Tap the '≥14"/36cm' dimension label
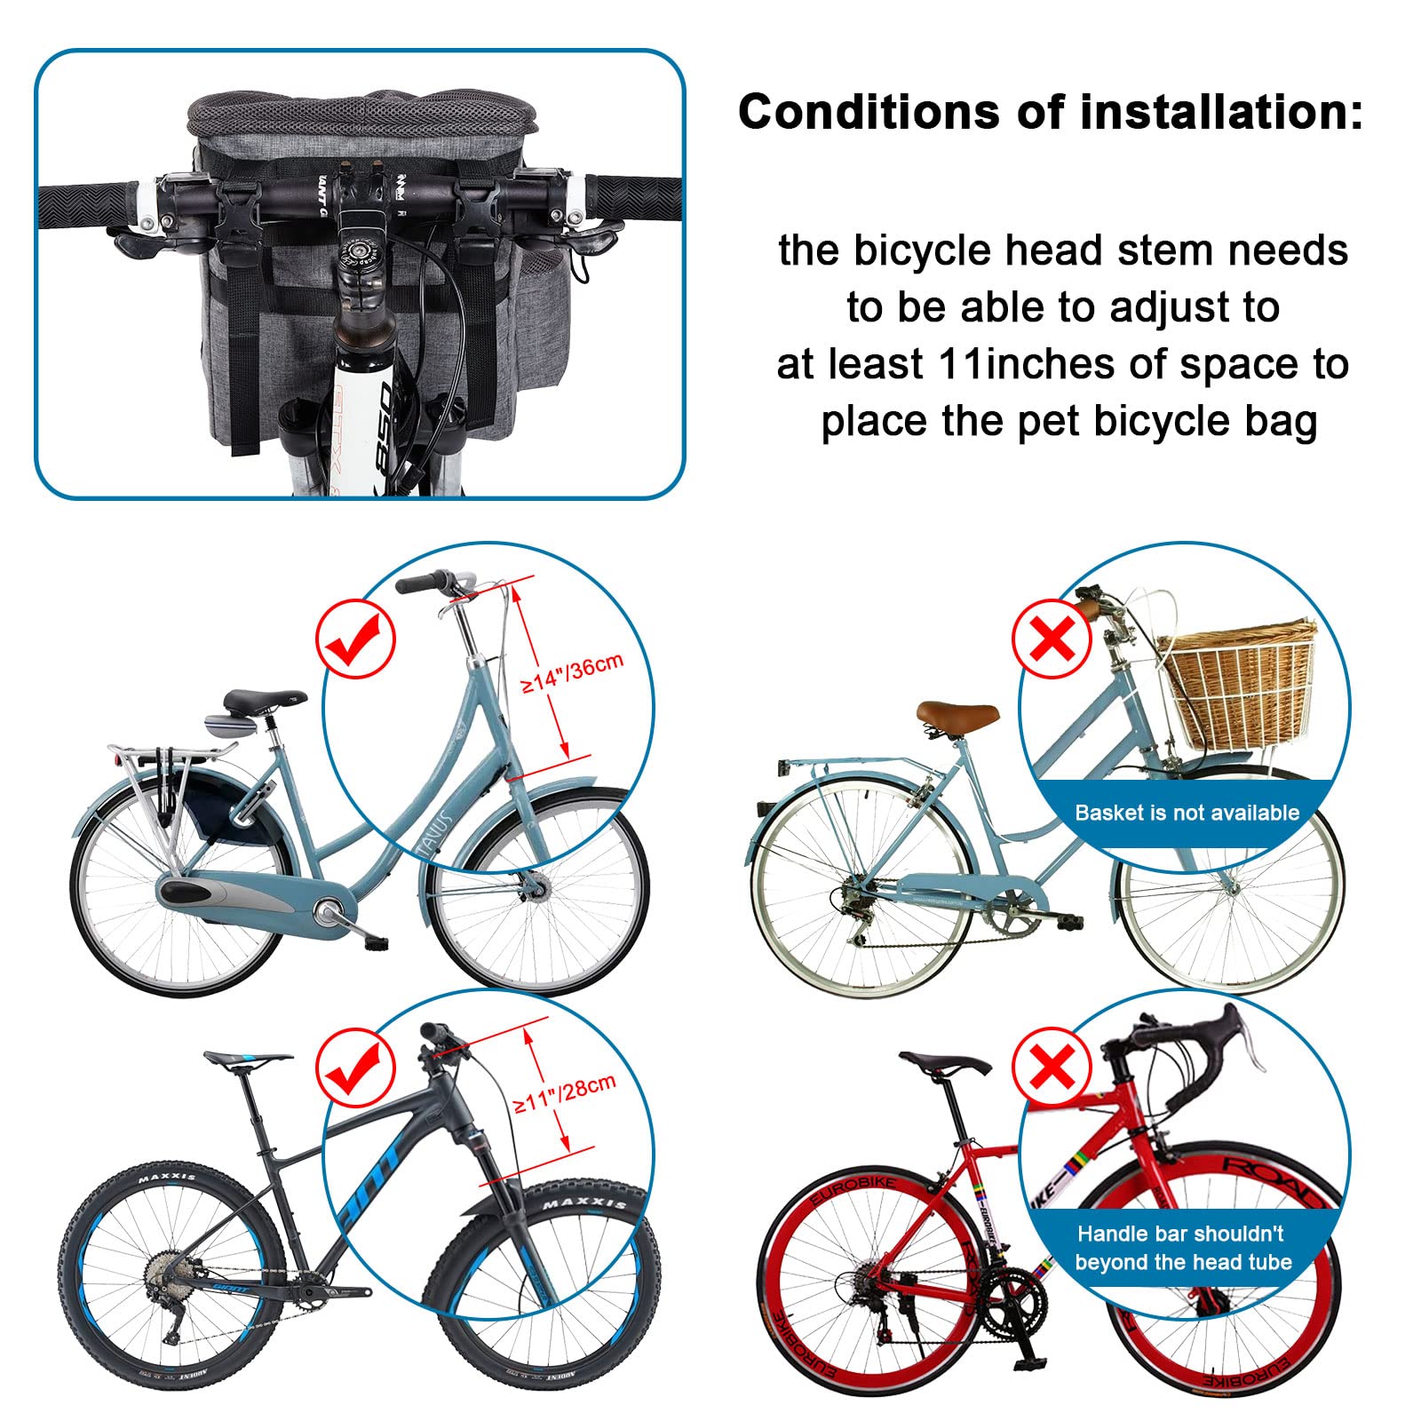point(572,672)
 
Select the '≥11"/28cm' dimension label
point(565,1094)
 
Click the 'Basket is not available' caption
point(1187,813)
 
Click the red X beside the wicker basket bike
point(1052,639)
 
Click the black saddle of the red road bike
point(945,1063)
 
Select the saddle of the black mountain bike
point(247,1059)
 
